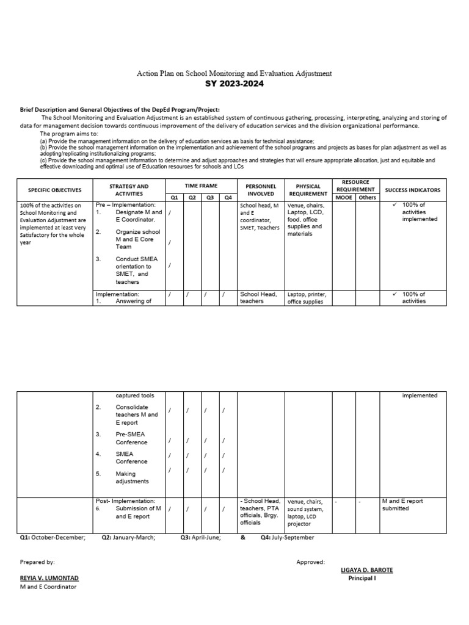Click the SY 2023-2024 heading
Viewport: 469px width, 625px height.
[x=234, y=84]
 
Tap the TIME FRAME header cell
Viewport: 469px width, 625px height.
[x=201, y=185]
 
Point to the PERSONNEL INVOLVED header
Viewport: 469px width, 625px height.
[x=261, y=190]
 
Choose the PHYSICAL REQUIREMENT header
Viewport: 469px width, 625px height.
[x=308, y=190]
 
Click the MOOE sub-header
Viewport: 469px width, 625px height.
[x=344, y=197]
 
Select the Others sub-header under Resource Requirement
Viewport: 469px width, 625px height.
[x=367, y=197]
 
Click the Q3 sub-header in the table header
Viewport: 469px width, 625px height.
[x=209, y=197]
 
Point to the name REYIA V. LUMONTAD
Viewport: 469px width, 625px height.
[x=49, y=577]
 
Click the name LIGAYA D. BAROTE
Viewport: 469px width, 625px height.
[x=366, y=569]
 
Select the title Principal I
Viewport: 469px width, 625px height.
[x=362, y=578]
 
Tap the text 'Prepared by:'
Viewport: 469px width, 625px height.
[x=37, y=562]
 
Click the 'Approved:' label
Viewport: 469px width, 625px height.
[x=311, y=562]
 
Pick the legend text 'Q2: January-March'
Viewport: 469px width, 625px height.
[x=128, y=537]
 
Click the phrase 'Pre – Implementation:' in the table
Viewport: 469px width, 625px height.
[x=125, y=204]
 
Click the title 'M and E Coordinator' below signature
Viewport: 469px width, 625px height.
[x=49, y=587]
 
